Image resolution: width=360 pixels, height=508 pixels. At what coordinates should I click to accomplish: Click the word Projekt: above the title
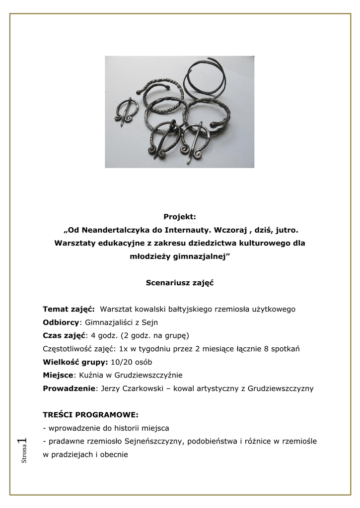click(x=180, y=216)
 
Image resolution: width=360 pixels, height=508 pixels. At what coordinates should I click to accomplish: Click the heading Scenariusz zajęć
click(x=180, y=283)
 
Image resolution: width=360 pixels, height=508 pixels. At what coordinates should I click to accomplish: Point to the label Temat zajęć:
click(x=69, y=309)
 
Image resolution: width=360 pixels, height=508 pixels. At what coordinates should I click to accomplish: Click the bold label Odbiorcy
click(x=61, y=322)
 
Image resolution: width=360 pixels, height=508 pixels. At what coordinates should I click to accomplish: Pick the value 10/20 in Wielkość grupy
click(x=121, y=362)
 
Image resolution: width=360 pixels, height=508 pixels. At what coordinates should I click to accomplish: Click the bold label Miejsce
click(x=58, y=375)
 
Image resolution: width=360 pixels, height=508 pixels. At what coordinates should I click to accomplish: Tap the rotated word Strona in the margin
click(x=24, y=455)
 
